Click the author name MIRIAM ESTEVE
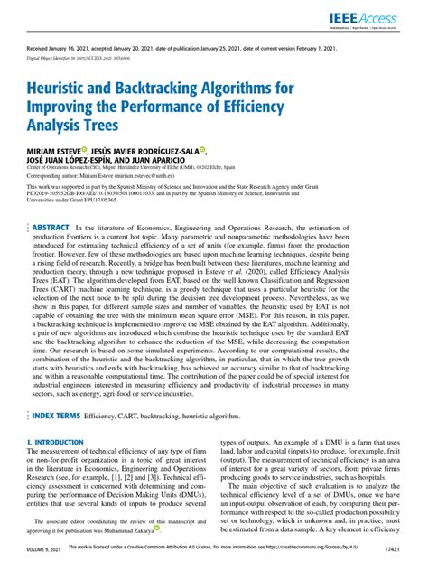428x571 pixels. [x=53, y=150]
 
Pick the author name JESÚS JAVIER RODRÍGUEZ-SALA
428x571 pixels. [x=144, y=150]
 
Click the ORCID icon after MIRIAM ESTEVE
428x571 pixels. [x=84, y=149]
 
